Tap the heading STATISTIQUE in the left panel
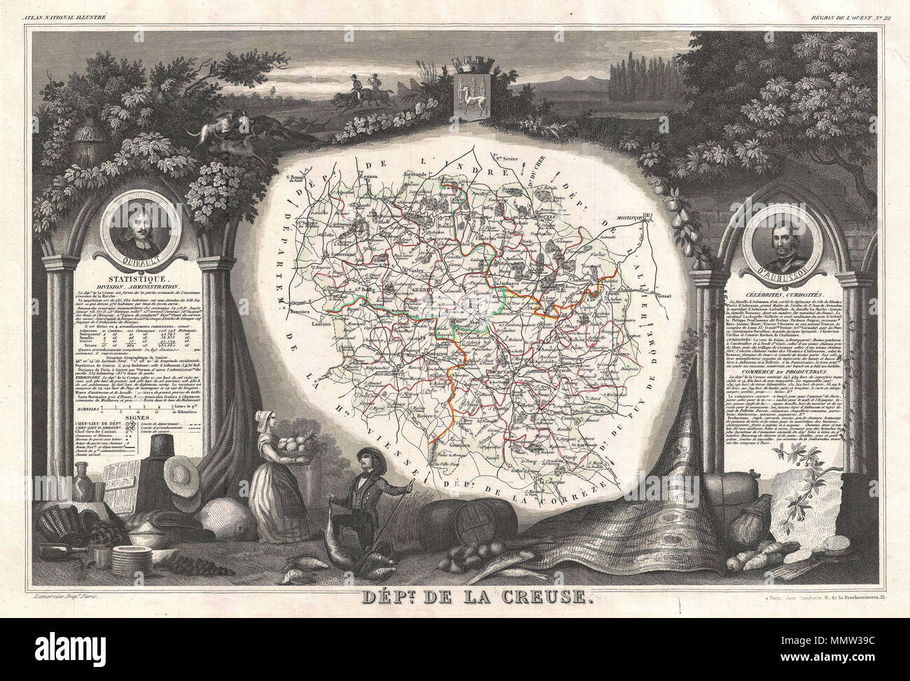point(140,279)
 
